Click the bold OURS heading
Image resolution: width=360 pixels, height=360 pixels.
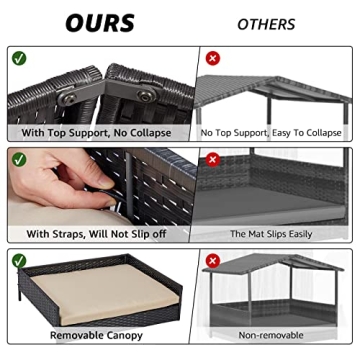[x=100, y=23]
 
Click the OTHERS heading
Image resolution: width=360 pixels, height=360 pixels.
[x=266, y=24]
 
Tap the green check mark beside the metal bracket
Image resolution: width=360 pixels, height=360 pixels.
[x=19, y=58]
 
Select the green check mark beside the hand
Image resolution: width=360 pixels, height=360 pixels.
[x=19, y=159]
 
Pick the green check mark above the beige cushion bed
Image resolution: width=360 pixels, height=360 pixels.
[x=19, y=261]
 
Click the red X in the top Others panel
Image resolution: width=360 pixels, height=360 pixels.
[x=213, y=59]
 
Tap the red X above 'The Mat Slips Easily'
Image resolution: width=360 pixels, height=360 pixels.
[x=213, y=159]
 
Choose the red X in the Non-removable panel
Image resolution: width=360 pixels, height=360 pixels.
[x=213, y=260]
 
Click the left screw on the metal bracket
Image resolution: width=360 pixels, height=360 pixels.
[x=68, y=99]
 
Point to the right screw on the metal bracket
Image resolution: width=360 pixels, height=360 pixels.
[x=146, y=96]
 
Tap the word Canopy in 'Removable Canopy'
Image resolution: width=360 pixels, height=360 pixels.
[x=123, y=335]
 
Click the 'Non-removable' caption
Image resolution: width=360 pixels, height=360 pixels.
[x=271, y=335]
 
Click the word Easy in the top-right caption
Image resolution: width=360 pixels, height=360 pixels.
[x=281, y=133]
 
